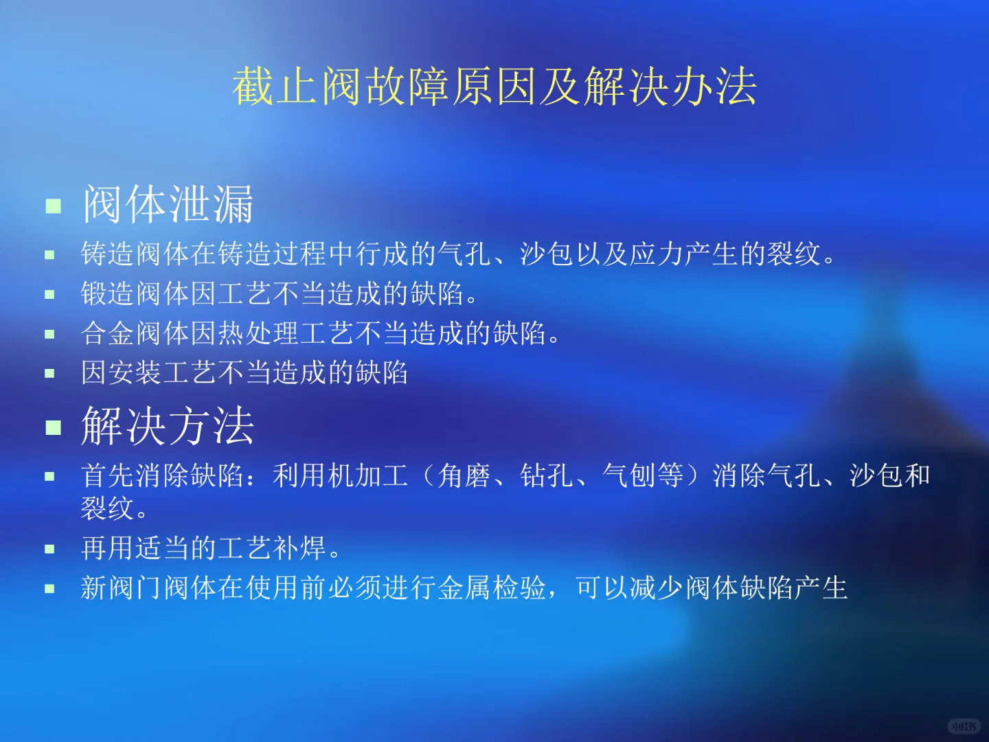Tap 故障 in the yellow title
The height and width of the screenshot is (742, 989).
(407, 87)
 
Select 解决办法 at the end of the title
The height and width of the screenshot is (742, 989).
(670, 87)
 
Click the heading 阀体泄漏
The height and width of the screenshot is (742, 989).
(168, 204)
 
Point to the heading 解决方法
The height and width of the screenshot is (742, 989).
(168, 426)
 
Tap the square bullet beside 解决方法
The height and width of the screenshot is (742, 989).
(54, 428)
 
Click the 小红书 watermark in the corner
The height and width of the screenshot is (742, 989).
(964, 726)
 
